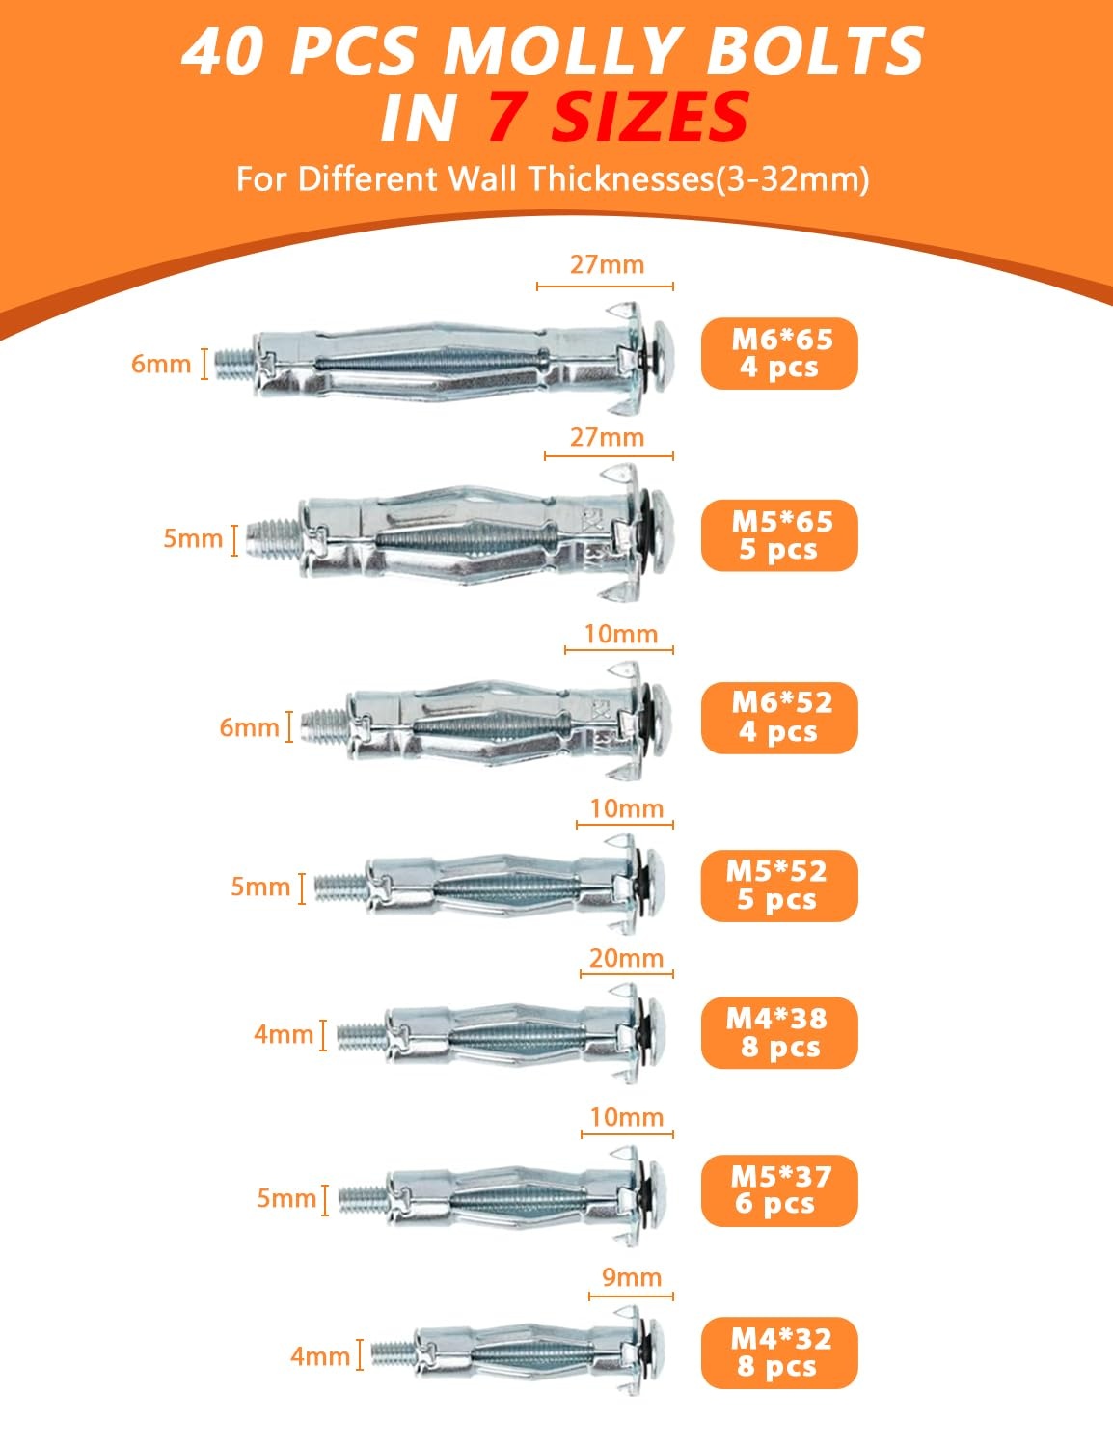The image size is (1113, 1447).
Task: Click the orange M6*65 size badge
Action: (779, 353)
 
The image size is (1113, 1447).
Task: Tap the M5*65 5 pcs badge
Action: (779, 535)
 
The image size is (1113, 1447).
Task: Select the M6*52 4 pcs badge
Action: (779, 717)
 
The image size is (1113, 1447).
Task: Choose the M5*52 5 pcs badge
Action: (778, 886)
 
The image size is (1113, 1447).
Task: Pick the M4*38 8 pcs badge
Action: (778, 1032)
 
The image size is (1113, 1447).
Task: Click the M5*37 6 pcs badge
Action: (778, 1190)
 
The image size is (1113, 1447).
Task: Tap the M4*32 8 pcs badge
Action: (778, 1352)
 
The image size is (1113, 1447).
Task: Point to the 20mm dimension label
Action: (627, 958)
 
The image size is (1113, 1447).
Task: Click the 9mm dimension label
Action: (631, 1277)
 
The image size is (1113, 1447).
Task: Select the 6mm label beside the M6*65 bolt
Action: (161, 364)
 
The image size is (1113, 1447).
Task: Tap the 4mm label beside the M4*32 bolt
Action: (320, 1356)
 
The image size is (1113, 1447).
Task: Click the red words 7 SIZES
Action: (617, 117)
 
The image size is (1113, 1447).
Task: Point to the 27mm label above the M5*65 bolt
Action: (607, 437)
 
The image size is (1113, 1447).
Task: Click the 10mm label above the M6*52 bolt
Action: (620, 634)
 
